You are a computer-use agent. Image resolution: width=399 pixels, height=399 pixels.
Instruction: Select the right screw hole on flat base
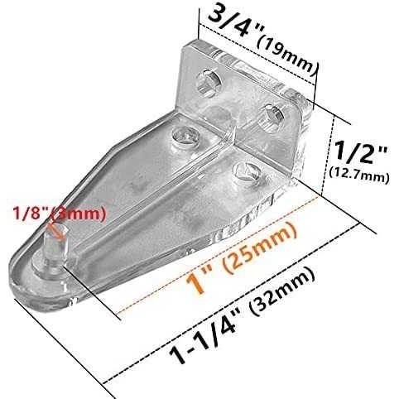pos(243,171)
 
